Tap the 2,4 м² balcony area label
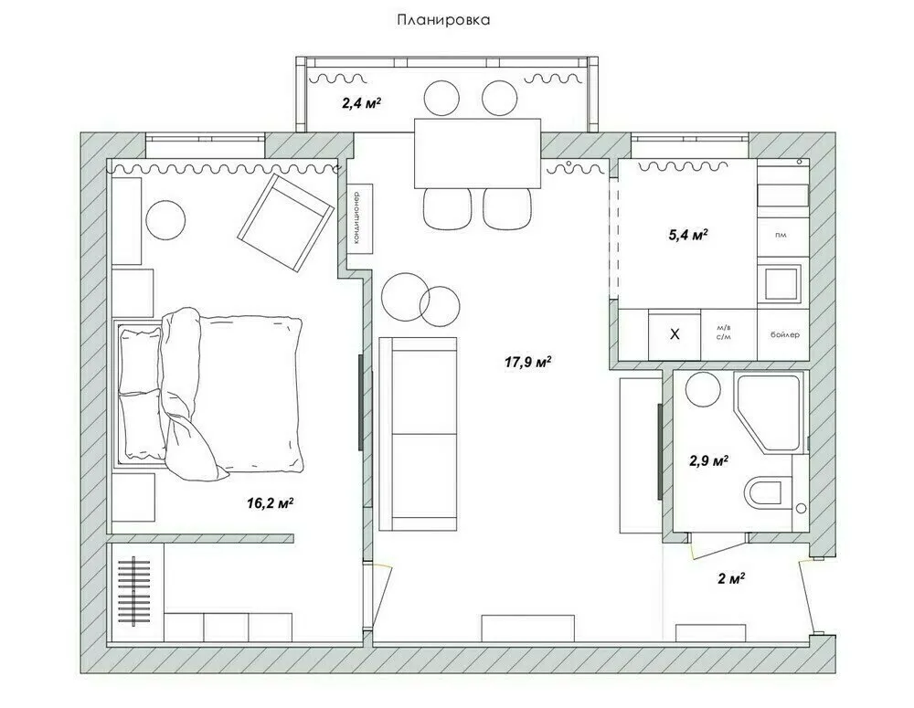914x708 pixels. click(x=361, y=103)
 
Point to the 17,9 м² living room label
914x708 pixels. click(x=527, y=362)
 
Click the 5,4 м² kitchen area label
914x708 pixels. click(x=688, y=235)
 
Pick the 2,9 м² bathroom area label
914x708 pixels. click(x=707, y=461)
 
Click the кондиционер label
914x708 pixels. click(x=355, y=218)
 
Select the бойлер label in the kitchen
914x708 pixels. click(x=784, y=334)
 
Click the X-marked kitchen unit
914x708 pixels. click(x=675, y=334)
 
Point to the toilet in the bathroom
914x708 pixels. click(x=767, y=494)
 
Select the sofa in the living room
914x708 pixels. click(x=418, y=433)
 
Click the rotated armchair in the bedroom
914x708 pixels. click(x=285, y=223)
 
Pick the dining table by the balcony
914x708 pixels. click(x=477, y=151)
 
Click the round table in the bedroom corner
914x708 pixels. click(x=167, y=219)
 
